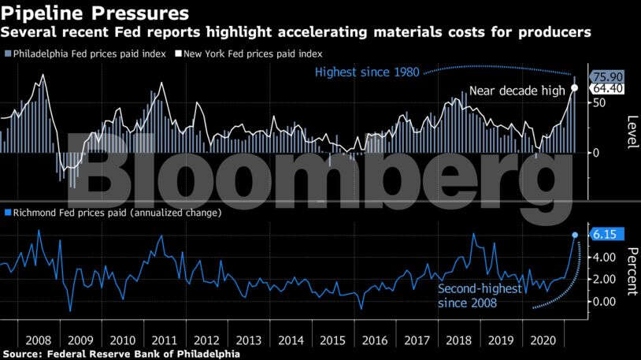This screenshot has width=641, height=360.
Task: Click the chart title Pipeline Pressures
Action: coord(95,13)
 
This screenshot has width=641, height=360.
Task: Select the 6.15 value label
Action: coord(607,234)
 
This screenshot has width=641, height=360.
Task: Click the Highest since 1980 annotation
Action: coord(368,72)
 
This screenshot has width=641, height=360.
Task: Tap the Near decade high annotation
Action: coord(517,91)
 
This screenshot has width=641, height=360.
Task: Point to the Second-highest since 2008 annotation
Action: coord(479,295)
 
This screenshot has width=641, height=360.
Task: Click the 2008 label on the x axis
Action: coord(39,340)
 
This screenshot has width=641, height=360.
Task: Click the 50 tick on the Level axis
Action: coord(598,102)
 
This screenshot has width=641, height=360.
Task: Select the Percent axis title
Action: coord(631,271)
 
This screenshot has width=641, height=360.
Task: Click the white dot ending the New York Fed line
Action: coord(574,87)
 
